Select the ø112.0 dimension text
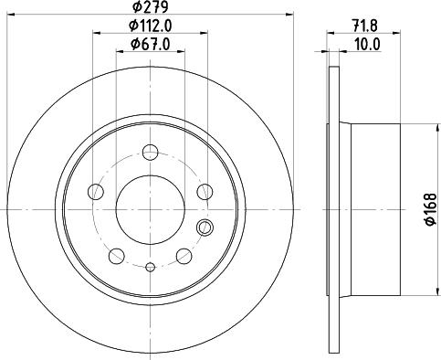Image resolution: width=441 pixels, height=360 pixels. [x=150, y=26]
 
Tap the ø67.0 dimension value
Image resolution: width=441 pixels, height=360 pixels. [x=150, y=45]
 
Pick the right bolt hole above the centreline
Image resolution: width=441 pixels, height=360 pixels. [x=204, y=192]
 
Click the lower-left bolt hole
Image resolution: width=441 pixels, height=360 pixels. [x=117, y=255]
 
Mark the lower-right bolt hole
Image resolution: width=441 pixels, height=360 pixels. [x=184, y=255]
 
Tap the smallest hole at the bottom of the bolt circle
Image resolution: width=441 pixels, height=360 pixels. [x=150, y=267]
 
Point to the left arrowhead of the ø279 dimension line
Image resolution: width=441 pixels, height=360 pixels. [x=6, y=16]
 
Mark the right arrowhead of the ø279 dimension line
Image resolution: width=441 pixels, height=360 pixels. [x=293, y=16]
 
